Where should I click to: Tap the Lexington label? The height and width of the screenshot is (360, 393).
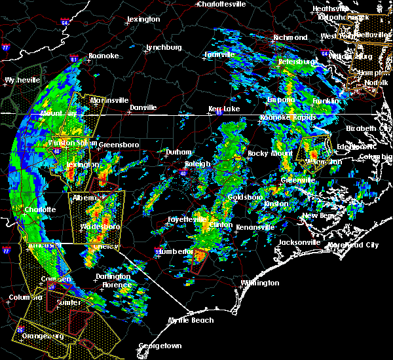(143, 20)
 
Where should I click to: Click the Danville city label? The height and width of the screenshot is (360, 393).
(143, 107)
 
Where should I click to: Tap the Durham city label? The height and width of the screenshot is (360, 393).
(178, 152)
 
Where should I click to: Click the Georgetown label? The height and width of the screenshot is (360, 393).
(160, 346)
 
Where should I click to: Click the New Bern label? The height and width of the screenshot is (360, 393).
(318, 215)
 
